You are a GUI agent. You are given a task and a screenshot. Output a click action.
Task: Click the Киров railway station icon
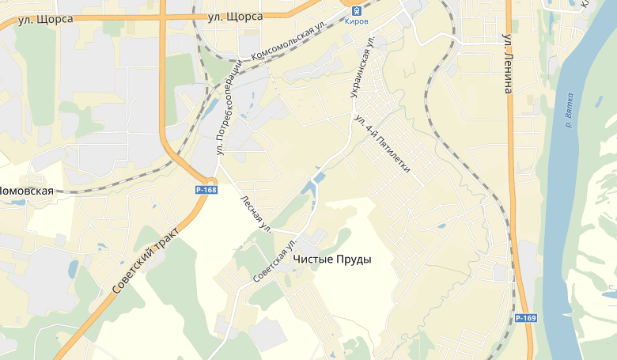(x=357, y=9)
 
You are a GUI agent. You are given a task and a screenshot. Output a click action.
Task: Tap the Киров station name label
(x=357, y=21)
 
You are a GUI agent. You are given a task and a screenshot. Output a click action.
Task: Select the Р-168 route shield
(x=206, y=190)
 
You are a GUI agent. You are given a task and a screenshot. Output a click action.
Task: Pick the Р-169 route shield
(x=526, y=318)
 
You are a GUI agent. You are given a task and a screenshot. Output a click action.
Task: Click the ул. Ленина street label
(x=508, y=63)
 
